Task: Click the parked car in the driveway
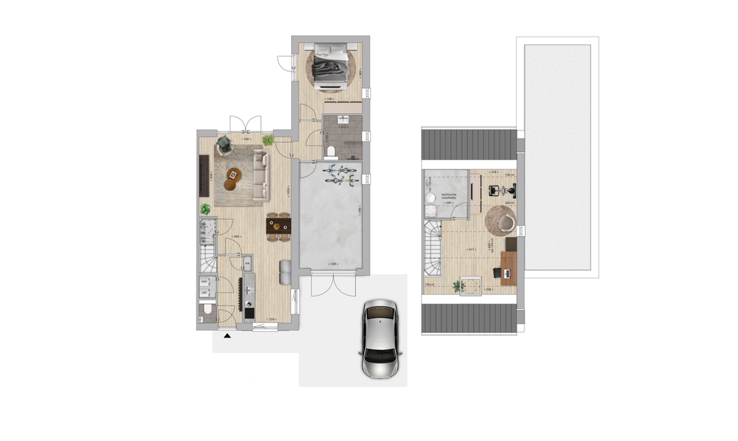381,339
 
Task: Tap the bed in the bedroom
331,65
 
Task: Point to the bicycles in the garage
341,173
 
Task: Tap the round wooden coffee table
234,174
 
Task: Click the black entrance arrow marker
227,336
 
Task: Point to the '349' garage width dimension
333,265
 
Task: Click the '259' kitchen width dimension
270,319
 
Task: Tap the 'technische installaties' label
449,195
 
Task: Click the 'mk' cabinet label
247,264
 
